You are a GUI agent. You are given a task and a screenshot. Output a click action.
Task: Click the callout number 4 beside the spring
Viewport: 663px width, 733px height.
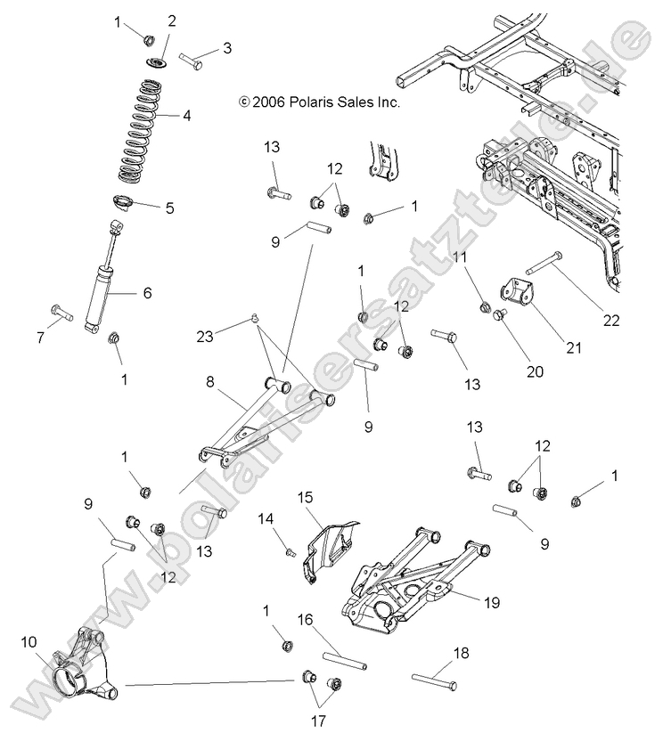186,115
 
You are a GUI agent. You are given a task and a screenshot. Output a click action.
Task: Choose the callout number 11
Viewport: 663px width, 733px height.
460,257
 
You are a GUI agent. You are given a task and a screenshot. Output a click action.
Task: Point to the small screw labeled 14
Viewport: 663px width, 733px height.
289,552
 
